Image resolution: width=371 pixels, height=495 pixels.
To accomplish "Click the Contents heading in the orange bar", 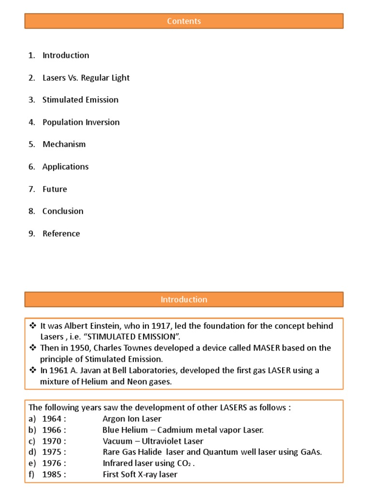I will pos(184,21).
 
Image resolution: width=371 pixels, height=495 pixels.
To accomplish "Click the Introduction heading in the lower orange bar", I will pos(184,300).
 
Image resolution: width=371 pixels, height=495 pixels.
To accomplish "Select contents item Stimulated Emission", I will pos(80,100).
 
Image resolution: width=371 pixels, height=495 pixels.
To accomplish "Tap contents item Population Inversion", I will pos(81,122).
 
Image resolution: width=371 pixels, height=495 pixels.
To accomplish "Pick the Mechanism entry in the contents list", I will pos(64,145).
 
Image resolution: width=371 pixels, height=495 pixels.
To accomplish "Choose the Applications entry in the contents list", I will pos(65,167).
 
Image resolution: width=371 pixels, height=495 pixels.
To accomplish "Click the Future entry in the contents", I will pos(55,189).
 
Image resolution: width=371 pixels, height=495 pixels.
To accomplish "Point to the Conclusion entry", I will pos(63,211).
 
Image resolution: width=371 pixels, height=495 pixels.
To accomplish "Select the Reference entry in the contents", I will pos(61,233).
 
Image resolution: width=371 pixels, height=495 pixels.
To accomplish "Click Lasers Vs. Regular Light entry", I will pos(86,78).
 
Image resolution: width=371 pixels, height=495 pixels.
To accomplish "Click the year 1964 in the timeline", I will pos(52,419).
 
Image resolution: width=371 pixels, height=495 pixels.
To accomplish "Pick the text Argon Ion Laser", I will pos(132,419).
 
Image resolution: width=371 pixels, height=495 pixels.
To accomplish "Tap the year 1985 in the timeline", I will pos(52,474).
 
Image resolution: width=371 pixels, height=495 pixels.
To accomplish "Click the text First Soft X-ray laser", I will pos(140,474).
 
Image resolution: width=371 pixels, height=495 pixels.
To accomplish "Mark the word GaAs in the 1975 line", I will pos(311,452).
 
